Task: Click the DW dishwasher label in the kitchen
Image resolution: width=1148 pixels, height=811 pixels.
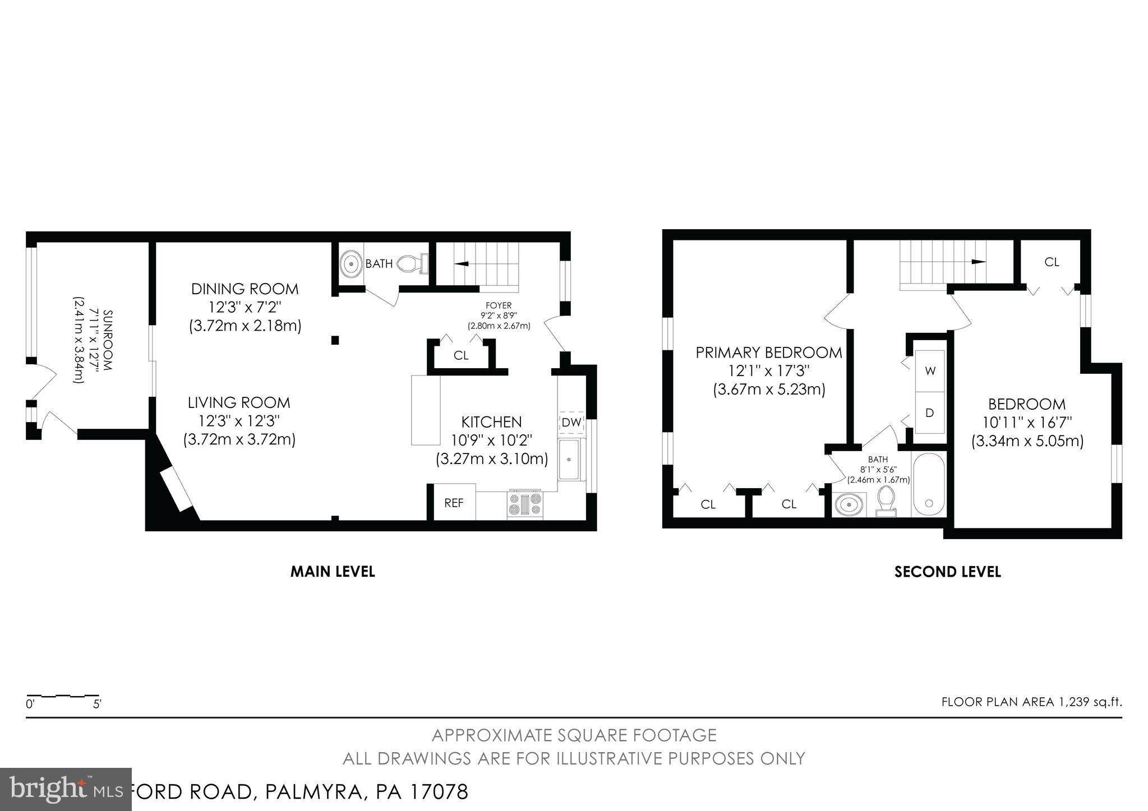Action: tap(571, 423)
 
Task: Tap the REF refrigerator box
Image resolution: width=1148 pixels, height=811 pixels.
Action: tap(454, 503)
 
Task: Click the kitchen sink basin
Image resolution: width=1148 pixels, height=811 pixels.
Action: tap(569, 459)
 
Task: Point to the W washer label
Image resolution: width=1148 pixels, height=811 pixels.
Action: tap(930, 371)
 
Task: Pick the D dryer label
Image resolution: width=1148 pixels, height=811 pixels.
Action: tap(929, 413)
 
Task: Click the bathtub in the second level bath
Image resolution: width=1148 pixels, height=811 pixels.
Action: tap(929, 485)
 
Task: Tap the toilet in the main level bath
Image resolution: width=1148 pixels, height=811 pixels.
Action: tap(412, 263)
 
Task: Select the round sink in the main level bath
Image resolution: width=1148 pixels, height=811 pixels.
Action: tap(352, 263)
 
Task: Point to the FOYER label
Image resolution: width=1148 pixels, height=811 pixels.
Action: tap(499, 305)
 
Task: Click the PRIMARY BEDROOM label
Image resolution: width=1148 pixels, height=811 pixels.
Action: tap(768, 353)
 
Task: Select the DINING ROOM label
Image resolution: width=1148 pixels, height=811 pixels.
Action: tap(245, 289)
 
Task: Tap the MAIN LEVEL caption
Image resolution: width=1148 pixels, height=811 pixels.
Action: tap(332, 572)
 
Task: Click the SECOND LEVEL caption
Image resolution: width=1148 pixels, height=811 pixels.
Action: tap(947, 572)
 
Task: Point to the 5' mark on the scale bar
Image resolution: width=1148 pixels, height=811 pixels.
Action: tap(97, 704)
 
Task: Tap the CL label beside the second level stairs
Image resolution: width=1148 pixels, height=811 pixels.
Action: tap(1052, 262)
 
